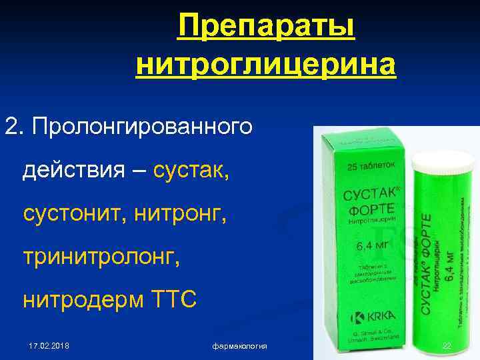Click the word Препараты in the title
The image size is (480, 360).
266,28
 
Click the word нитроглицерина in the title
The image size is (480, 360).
266,65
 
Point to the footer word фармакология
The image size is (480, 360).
240,346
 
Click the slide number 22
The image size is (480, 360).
446,346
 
